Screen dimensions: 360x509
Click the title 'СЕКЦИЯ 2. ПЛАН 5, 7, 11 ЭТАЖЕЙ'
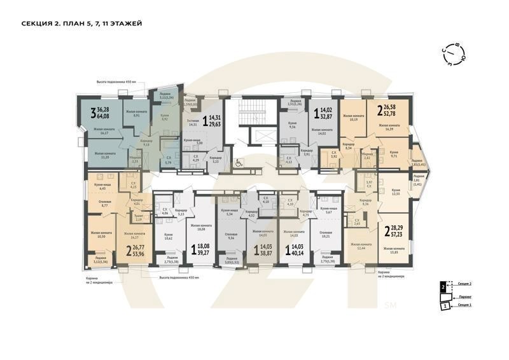click(81, 24)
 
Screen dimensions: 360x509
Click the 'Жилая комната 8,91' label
click(132, 114)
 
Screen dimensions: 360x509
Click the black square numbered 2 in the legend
click(443, 287)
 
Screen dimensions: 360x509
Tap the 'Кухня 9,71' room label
click(394, 154)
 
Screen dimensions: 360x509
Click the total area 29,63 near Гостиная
click(217, 125)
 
